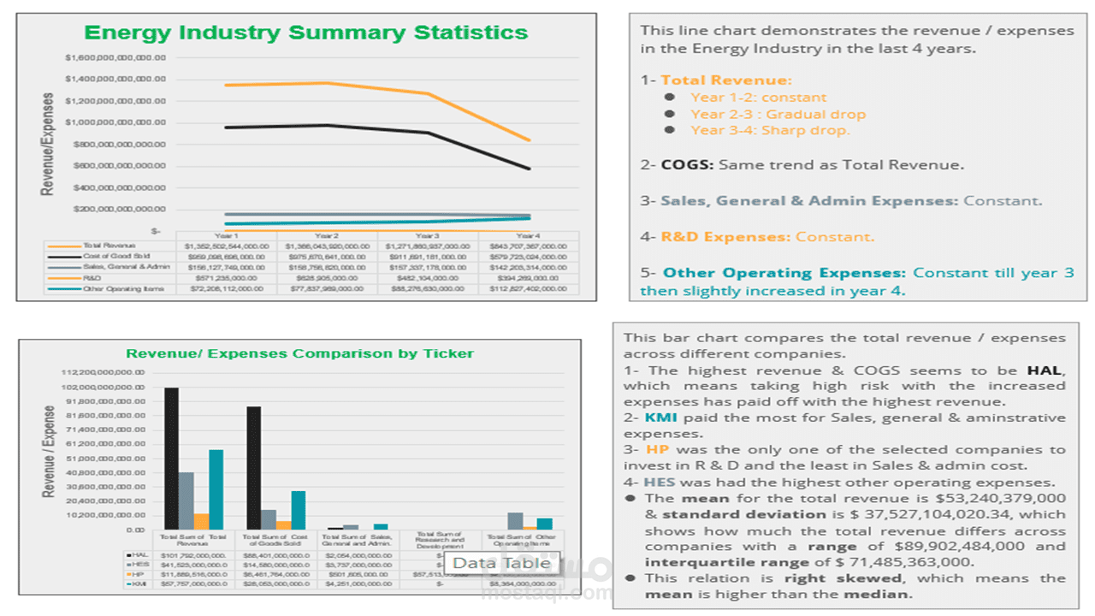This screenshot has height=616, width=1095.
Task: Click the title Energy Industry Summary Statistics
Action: click(305, 33)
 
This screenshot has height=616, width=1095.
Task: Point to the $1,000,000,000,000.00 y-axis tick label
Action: click(115, 122)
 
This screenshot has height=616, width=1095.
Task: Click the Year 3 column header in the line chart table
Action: click(427, 235)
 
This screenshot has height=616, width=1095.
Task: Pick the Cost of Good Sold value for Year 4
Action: click(528, 257)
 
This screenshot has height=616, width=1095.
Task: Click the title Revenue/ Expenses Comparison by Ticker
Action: click(299, 353)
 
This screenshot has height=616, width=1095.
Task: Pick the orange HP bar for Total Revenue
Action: click(202, 521)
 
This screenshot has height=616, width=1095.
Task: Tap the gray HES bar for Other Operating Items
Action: click(515, 521)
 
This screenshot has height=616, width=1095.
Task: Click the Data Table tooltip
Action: click(501, 563)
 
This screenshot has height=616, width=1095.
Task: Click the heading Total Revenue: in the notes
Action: click(726, 80)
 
